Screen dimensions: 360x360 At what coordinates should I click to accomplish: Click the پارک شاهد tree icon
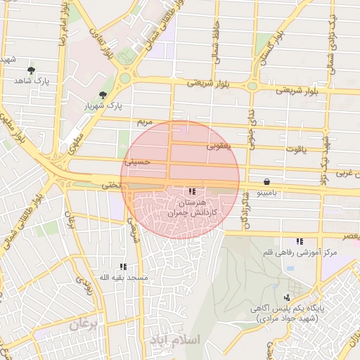(x=31, y=70)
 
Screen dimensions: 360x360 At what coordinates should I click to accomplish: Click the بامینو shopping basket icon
(x=266, y=181)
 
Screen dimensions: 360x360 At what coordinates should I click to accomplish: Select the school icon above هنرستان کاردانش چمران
(x=193, y=191)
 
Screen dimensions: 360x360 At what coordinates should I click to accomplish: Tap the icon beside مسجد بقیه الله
(x=123, y=266)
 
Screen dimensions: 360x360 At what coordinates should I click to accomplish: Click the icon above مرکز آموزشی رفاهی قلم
(x=300, y=241)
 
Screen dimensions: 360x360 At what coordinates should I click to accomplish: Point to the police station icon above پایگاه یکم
(x=287, y=297)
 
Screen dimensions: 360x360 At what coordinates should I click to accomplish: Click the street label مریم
(x=144, y=122)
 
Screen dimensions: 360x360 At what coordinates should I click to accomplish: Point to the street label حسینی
(x=138, y=161)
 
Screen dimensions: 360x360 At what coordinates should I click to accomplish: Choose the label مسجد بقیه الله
(x=124, y=278)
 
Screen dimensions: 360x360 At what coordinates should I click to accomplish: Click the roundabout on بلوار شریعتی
(x=127, y=77)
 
